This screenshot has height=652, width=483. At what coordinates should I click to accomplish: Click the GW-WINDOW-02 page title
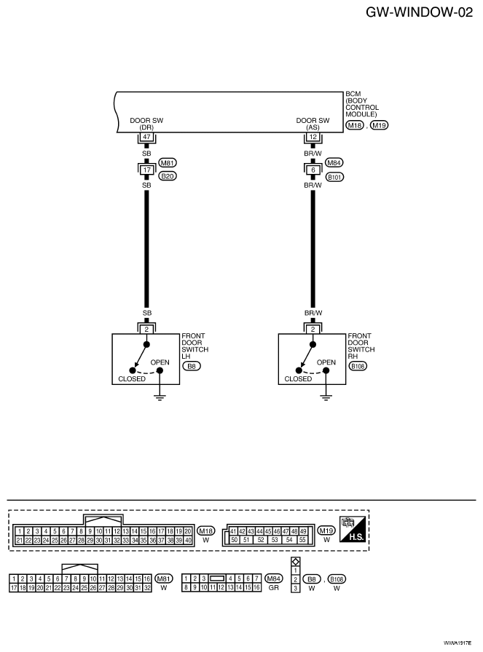419,12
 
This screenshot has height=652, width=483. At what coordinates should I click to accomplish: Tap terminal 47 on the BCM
146,137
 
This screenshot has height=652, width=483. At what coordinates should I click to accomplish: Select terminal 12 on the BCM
313,137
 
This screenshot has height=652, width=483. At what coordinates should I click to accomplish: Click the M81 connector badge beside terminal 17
168,163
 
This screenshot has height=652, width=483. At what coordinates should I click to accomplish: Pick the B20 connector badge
168,176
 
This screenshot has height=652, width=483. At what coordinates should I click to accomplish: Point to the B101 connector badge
334,177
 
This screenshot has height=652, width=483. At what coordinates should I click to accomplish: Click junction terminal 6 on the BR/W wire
313,170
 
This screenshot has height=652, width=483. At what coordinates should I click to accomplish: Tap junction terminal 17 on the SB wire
146,170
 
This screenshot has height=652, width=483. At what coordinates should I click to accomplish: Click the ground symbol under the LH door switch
160,397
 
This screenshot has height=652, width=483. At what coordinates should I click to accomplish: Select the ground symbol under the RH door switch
326,397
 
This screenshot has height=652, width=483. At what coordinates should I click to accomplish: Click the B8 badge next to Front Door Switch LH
192,366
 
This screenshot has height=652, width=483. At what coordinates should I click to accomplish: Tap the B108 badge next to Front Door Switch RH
358,366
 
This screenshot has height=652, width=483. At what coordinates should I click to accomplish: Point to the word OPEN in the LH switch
160,362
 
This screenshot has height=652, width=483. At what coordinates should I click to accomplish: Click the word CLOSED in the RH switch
298,379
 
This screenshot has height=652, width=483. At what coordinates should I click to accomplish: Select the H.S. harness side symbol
353,528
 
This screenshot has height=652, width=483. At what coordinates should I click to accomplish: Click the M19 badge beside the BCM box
379,125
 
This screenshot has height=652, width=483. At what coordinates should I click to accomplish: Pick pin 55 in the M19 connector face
302,540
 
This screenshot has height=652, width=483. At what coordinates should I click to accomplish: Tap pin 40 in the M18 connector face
188,540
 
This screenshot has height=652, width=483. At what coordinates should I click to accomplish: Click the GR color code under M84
274,588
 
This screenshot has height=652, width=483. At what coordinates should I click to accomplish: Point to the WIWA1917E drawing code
458,643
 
